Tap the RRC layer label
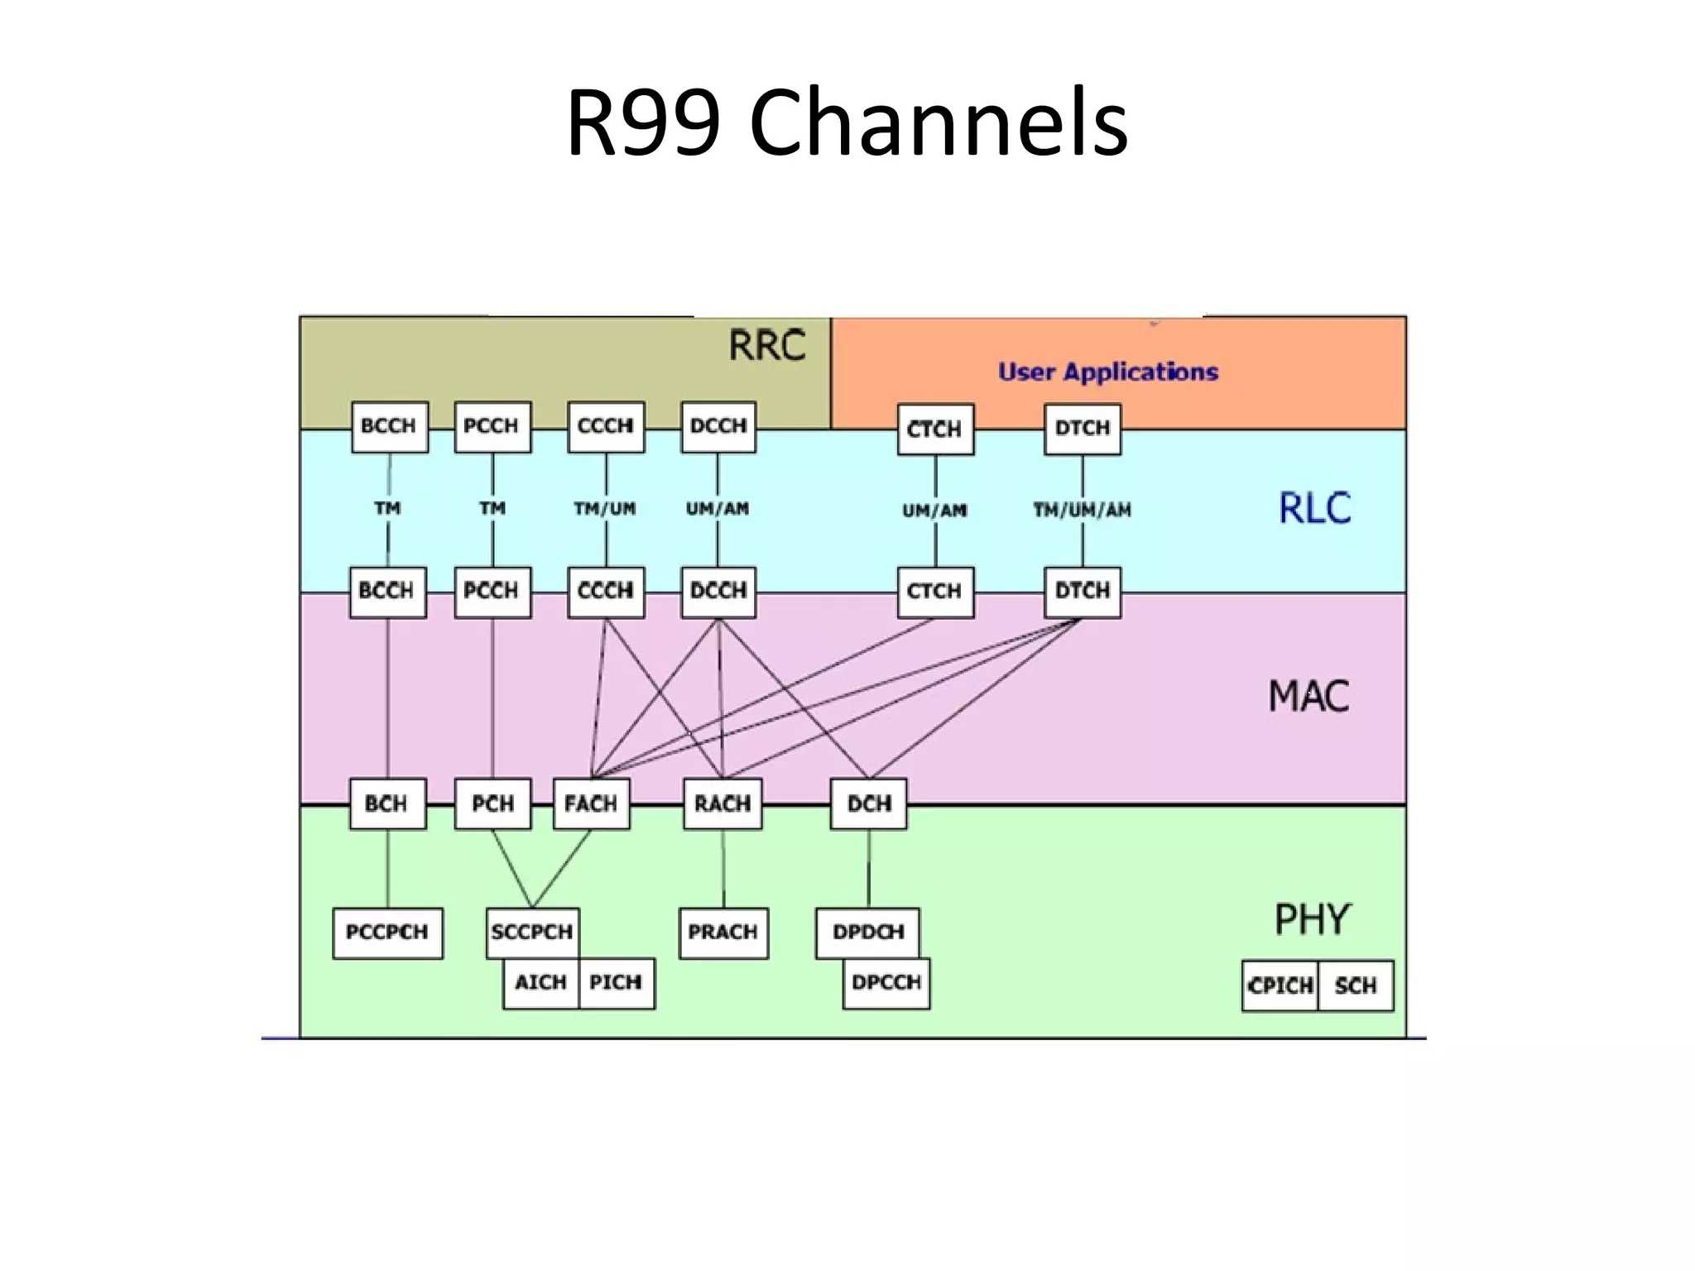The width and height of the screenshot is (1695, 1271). click(x=766, y=345)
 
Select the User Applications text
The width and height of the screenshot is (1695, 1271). click(x=1107, y=372)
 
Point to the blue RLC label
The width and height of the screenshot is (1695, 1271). click(x=1314, y=507)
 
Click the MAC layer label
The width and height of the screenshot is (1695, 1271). click(x=1308, y=696)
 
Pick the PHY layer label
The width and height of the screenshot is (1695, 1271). click(x=1312, y=919)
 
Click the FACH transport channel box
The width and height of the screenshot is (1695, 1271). click(x=590, y=803)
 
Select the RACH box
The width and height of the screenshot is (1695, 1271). click(x=722, y=803)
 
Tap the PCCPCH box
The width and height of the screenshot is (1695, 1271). click(x=387, y=933)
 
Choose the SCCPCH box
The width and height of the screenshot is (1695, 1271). click(x=531, y=932)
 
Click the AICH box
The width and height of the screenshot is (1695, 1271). click(x=540, y=983)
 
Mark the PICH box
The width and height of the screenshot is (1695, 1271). click(x=616, y=983)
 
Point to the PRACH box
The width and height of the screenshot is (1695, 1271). click(x=723, y=933)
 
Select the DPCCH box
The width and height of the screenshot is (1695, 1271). click(x=886, y=983)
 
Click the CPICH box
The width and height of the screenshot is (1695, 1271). click(x=1280, y=986)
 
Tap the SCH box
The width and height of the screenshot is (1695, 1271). click(x=1355, y=986)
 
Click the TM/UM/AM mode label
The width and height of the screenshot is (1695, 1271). click(x=1082, y=511)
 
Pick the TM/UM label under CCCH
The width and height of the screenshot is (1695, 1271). click(x=605, y=508)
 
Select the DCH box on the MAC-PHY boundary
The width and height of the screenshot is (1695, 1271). click(x=868, y=803)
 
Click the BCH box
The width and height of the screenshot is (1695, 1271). click(x=387, y=803)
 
